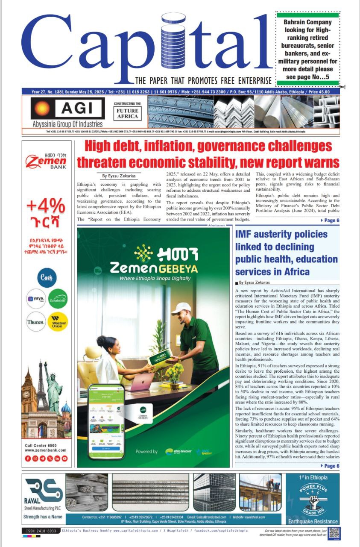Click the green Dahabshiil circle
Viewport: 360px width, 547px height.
click(x=58, y=299)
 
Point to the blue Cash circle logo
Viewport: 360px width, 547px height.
click(x=47, y=277)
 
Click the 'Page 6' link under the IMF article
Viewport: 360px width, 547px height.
click(x=329, y=466)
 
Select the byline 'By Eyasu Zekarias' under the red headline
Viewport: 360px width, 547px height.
click(x=118, y=176)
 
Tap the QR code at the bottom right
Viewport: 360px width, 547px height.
click(x=334, y=533)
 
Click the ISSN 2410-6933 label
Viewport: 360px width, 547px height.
click(x=40, y=531)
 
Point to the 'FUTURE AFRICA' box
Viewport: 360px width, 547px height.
click(x=127, y=114)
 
